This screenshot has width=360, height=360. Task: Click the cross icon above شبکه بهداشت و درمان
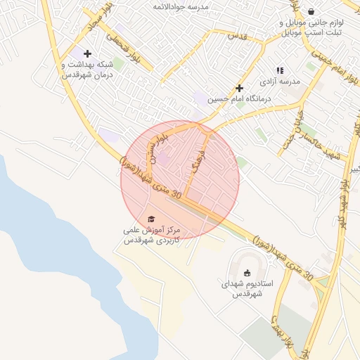(x=87, y=53)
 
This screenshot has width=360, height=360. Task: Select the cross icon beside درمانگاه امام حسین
(x=239, y=89)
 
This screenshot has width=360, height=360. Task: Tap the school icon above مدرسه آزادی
(x=280, y=70)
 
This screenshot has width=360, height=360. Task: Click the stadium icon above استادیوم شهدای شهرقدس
(x=246, y=273)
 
